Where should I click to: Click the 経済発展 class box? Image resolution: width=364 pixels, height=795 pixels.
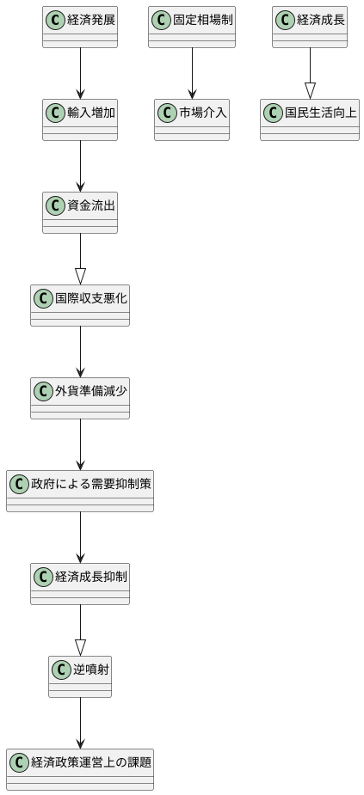[x=80, y=27]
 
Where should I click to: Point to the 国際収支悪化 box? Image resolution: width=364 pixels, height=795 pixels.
[x=80, y=305]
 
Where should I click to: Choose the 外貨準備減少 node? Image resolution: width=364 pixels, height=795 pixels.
[x=80, y=398]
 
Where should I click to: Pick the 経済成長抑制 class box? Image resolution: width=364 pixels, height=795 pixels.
[x=80, y=584]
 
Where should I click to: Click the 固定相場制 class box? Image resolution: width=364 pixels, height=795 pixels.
[x=192, y=27]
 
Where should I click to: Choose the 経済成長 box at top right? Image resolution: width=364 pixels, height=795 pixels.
[x=310, y=27]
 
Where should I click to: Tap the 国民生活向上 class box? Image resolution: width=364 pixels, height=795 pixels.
[x=310, y=119]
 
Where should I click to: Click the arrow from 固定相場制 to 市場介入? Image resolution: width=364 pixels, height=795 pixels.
[x=192, y=73]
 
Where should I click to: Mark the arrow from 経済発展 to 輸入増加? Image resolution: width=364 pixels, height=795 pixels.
[x=80, y=73]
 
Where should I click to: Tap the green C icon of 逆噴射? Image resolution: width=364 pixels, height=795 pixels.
[x=60, y=669]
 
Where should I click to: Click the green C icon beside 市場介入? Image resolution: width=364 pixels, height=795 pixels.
[x=166, y=112]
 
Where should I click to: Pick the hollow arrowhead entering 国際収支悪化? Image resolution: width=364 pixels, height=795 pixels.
[x=80, y=276]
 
